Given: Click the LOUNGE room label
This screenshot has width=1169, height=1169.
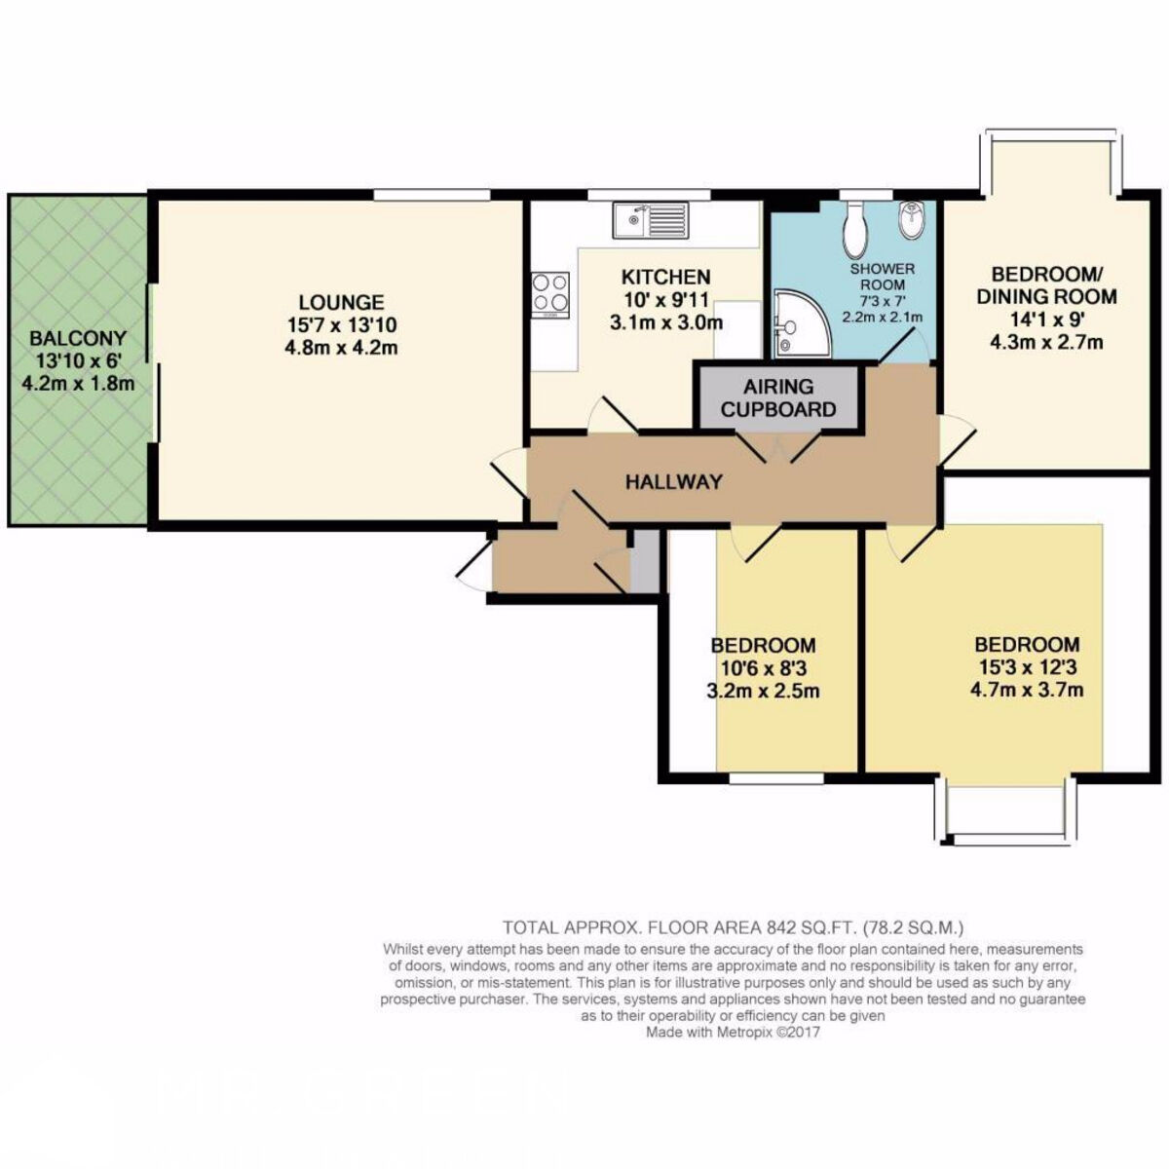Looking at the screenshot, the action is pos(341,301).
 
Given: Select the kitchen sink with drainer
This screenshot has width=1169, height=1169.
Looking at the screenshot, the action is pos(651,221).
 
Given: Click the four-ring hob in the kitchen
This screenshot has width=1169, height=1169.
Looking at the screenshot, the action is pos(550,294).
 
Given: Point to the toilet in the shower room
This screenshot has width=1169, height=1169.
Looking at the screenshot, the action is pos(856,229).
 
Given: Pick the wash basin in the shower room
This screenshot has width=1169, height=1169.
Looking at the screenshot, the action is pos(911,219).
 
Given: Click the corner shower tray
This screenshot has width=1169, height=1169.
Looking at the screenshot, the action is pos(800,324).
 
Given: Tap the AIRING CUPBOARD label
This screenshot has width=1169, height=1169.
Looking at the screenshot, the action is pos(778,398).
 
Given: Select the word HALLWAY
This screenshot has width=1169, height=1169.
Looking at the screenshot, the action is pos(674,481).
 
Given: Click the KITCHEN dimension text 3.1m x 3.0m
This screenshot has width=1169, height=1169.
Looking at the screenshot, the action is pos(665,322).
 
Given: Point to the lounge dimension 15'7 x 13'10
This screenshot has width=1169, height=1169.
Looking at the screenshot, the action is pos(342,325).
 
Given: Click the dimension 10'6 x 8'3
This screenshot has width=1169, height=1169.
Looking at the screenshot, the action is pos(763,668).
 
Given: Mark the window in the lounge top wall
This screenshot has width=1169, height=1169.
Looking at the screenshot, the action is pos(432,194).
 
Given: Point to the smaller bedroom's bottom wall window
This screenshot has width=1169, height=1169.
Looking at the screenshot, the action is pos(776,778).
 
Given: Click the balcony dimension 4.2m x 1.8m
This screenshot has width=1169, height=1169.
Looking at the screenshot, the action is pos(78,384).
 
